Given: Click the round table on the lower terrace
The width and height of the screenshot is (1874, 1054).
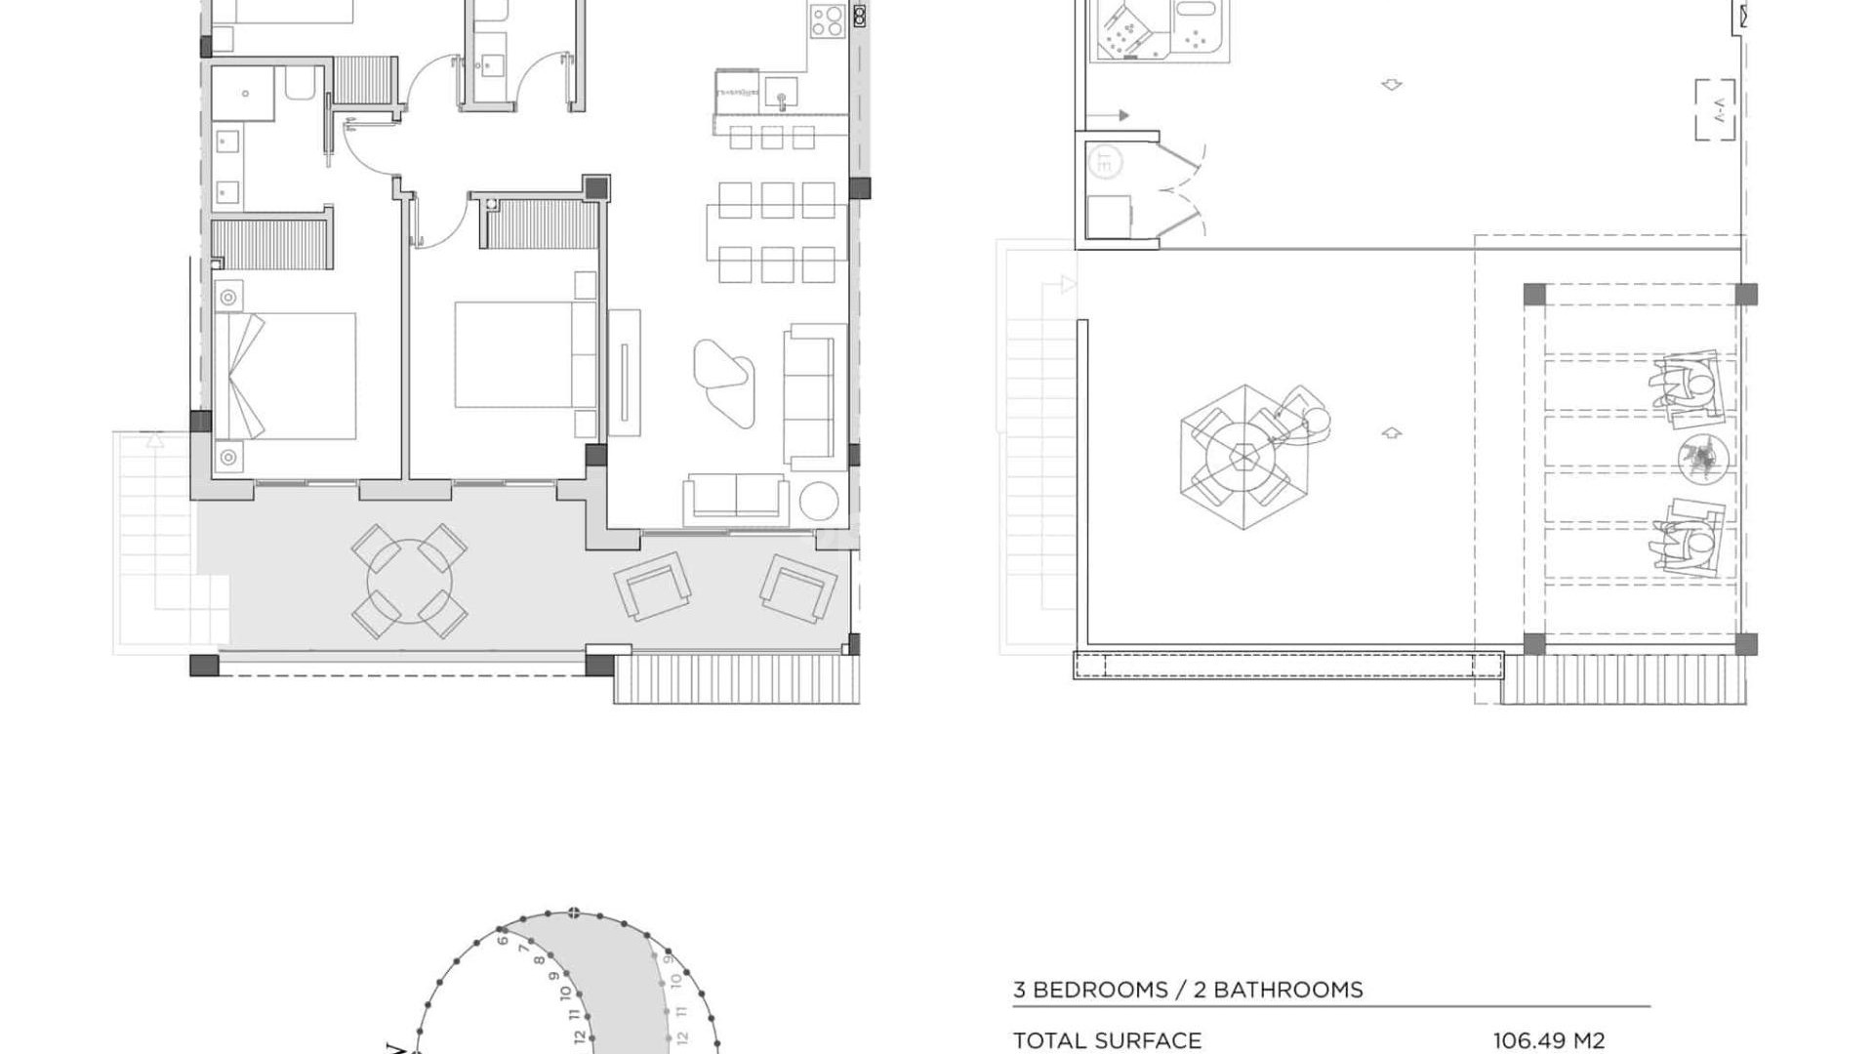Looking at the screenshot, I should point(410,582).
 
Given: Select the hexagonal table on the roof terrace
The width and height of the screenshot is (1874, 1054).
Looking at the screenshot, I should point(1243,457).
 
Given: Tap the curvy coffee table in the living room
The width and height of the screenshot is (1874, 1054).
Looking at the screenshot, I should point(723,382).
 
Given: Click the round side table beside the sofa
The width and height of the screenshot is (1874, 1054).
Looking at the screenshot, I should point(819,502).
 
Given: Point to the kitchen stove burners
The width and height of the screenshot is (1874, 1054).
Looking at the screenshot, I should point(827,21).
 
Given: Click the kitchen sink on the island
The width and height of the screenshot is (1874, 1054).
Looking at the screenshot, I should point(781,94).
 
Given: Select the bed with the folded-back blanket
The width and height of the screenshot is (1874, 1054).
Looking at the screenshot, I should point(285,376).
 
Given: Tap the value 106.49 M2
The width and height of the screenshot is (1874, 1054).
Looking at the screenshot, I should point(1548,1041).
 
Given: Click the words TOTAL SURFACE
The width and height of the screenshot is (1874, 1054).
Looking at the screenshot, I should point(1107,1041).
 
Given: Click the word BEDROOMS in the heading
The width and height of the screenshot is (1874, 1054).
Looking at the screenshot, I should point(1100,990).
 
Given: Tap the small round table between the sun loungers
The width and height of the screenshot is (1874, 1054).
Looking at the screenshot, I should point(1703,458).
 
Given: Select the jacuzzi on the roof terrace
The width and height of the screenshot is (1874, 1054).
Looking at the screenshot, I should point(1159,29).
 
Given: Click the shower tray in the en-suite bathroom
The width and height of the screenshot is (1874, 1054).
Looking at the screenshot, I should point(244,94).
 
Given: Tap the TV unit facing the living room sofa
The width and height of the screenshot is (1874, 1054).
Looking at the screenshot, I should point(624,373).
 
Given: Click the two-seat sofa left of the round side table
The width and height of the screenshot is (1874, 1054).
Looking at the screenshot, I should point(736,497).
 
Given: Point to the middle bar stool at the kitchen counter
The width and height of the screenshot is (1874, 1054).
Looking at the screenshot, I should point(772,137).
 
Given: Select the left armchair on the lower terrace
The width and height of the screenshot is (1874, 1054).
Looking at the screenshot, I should point(652,586).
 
